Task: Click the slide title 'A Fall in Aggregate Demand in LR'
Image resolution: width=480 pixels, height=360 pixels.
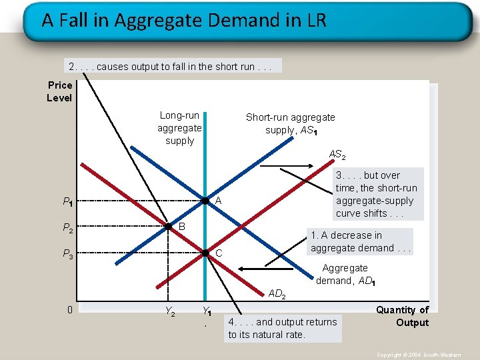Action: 184,20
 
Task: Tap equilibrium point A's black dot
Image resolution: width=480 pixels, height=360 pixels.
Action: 206,201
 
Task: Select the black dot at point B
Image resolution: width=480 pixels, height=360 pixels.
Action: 169,227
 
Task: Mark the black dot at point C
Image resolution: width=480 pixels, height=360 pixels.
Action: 206,253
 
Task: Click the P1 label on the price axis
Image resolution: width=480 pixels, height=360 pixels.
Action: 67,201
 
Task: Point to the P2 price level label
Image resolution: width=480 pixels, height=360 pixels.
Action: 67,228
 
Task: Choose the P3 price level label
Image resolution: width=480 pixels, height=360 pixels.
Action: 67,253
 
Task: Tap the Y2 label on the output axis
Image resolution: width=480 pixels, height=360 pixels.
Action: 170,311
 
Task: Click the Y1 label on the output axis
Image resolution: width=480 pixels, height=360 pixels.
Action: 207,311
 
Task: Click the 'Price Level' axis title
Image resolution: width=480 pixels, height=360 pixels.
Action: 59,91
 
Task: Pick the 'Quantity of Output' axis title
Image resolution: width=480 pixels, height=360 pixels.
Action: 403,316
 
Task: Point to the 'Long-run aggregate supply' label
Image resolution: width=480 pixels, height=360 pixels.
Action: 179,128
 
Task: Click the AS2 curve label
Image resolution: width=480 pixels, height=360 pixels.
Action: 337,155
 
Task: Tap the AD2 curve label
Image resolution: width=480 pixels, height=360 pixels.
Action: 277,293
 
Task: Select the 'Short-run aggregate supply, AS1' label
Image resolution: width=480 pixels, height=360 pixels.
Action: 290,123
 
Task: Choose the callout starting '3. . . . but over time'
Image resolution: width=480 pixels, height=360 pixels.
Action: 376,194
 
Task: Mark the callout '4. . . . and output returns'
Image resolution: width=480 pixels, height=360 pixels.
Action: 283,328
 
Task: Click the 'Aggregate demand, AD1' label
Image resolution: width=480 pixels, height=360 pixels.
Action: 345,274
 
